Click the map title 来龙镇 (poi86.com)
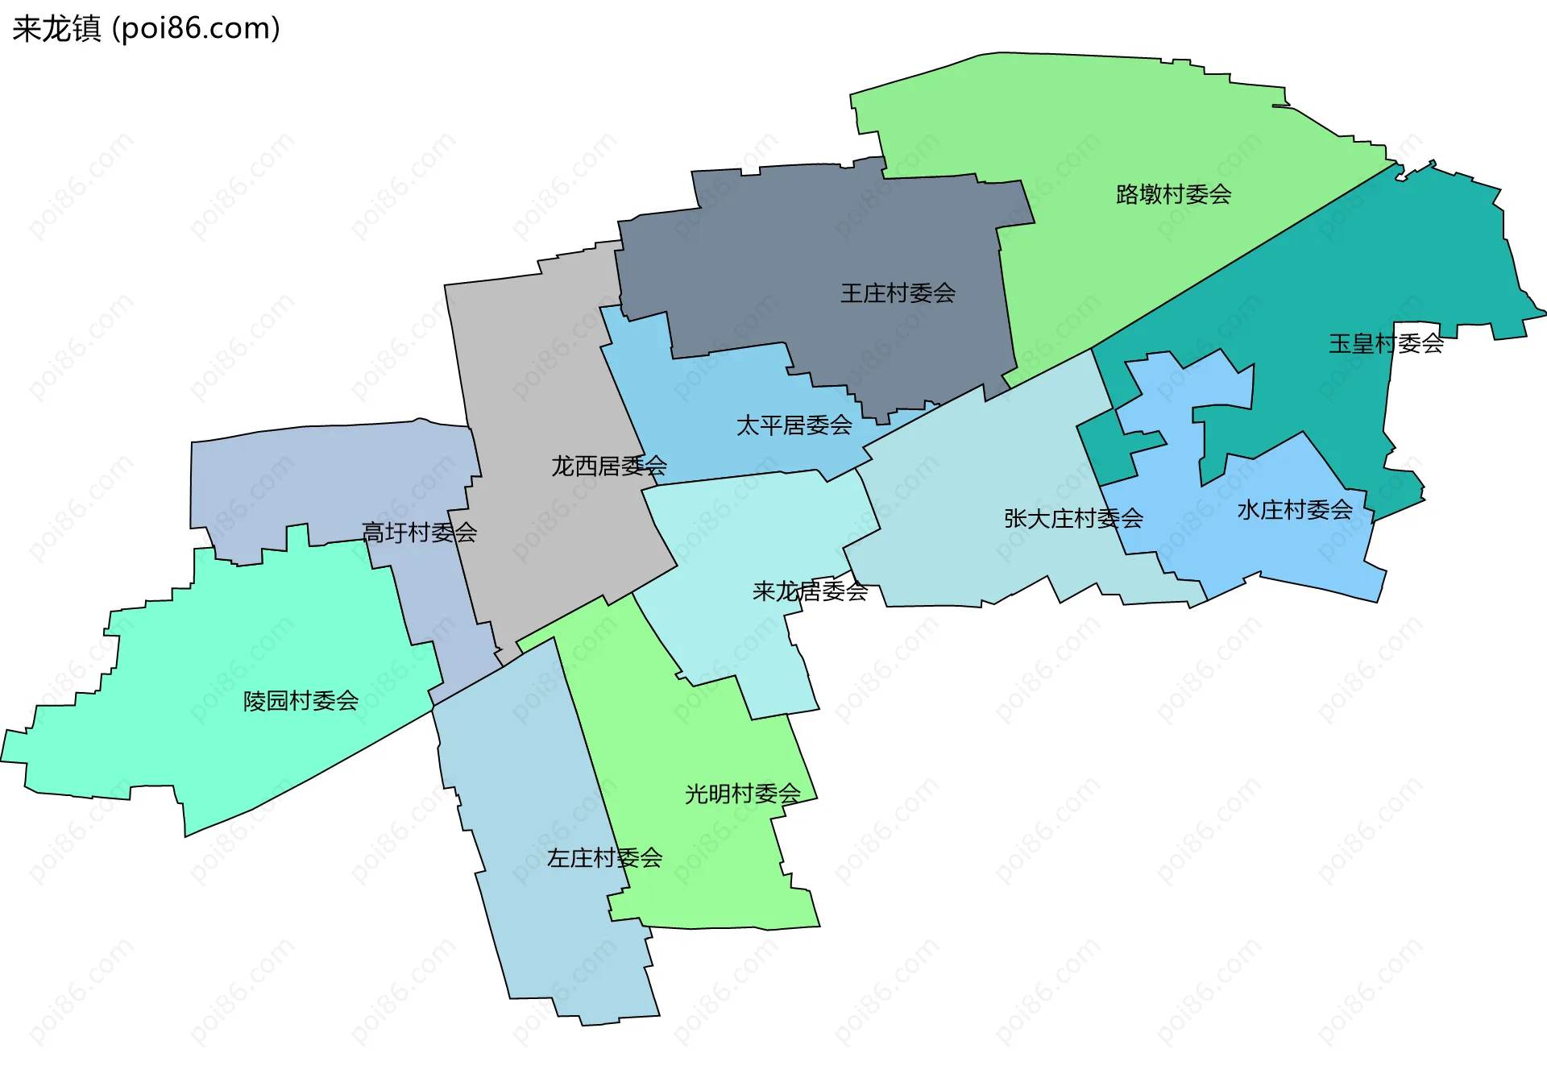tap(146, 29)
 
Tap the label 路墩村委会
tap(1173, 194)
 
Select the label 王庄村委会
tap(898, 293)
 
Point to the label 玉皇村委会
tap(1386, 344)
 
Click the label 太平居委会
tap(794, 425)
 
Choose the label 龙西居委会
tap(608, 466)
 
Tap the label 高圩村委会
tap(419, 533)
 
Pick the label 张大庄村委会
tap(1073, 519)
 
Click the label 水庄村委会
tap(1295, 510)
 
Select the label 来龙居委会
tap(810, 591)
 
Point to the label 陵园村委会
tap(301, 701)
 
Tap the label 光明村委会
tap(742, 794)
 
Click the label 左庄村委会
tap(604, 858)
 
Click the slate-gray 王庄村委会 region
tap(806, 242)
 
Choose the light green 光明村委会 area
tap(709, 870)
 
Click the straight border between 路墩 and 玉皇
tap(1245, 256)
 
